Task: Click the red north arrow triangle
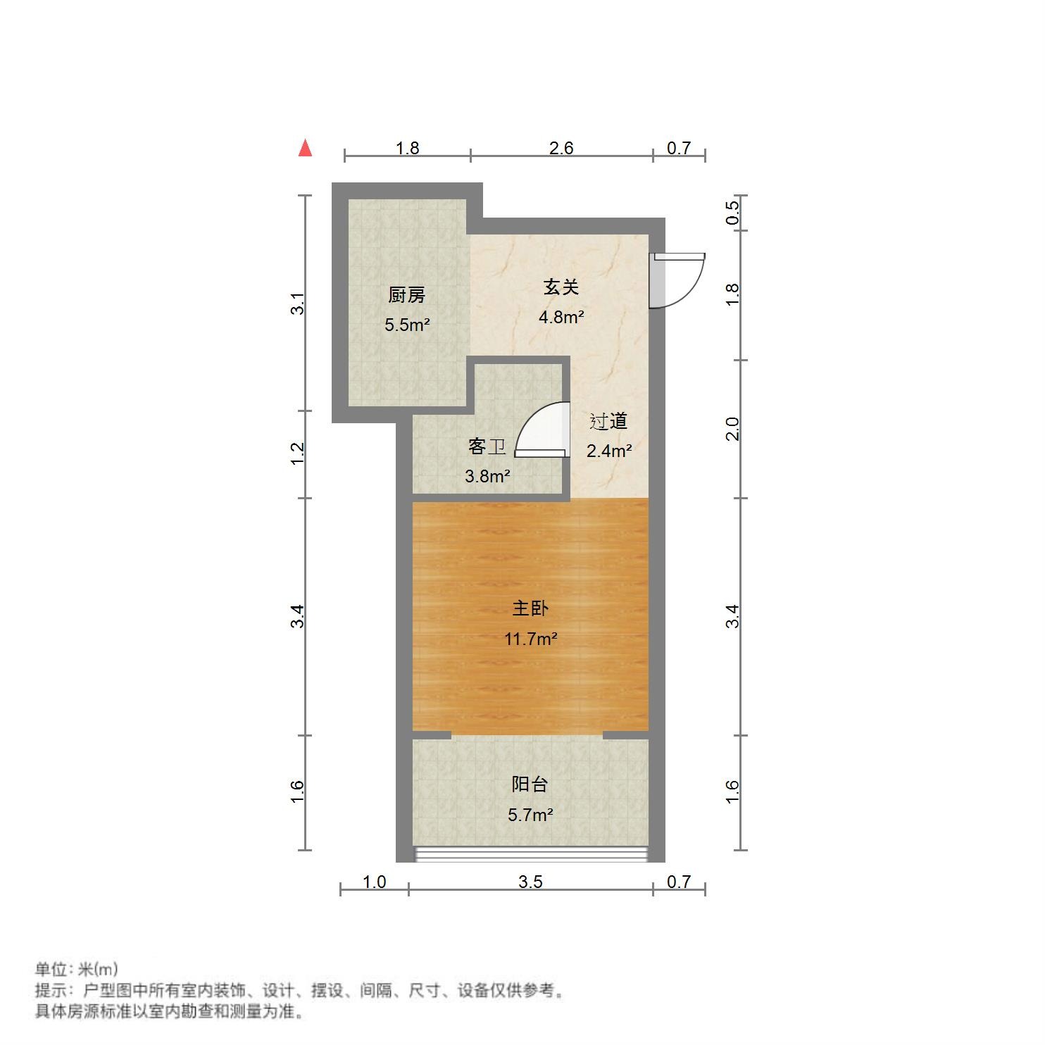(305, 149)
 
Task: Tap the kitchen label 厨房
(407, 295)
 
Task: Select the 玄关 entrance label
(561, 287)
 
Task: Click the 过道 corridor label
(608, 422)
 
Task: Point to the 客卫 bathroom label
(487, 447)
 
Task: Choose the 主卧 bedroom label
(530, 608)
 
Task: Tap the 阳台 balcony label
(530, 784)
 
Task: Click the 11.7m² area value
(530, 639)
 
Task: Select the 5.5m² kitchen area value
(407, 325)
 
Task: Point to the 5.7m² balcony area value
(530, 815)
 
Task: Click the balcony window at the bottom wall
(530, 854)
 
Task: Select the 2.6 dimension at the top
(561, 148)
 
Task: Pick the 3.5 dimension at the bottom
(530, 882)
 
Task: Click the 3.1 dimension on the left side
(299, 304)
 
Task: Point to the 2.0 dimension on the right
(733, 429)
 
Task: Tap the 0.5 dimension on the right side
(733, 212)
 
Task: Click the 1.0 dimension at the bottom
(374, 882)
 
